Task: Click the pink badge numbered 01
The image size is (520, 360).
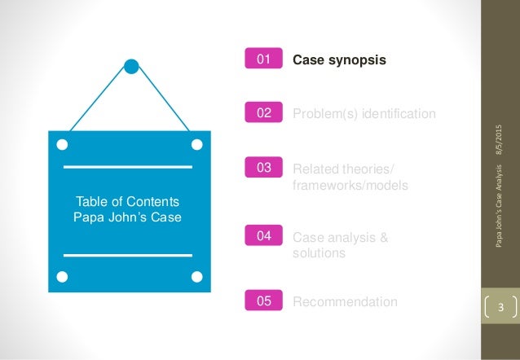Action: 264,59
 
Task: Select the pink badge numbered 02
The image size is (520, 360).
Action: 264,113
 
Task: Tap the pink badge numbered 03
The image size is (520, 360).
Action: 264,169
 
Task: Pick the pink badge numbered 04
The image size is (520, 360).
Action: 264,236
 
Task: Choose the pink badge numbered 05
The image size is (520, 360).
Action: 264,301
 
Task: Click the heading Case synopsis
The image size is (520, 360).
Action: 339,59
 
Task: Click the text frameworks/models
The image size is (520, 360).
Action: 350,186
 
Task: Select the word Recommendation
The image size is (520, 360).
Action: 345,302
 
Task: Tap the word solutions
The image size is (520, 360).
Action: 319,253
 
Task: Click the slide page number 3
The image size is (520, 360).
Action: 502,307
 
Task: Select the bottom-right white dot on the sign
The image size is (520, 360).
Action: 196,276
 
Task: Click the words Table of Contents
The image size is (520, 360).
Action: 127,201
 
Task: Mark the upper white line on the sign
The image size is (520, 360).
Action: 127,167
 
